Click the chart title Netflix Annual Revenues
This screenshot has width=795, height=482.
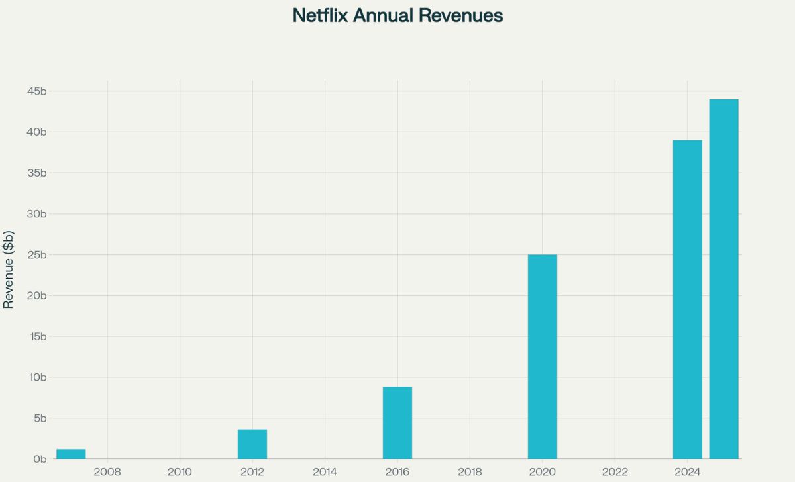(x=397, y=15)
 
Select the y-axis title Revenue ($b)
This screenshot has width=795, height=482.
(x=9, y=270)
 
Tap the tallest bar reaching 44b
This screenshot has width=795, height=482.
(x=723, y=278)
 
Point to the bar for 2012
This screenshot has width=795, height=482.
(x=252, y=444)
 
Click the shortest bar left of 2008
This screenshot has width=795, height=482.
(x=71, y=454)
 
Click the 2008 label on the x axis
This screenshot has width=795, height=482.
(x=107, y=473)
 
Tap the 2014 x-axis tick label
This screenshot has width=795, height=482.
(x=325, y=473)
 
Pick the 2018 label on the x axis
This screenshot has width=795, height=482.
(x=470, y=473)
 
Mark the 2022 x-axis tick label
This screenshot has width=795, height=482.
(x=615, y=473)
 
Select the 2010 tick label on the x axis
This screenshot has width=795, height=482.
(x=180, y=473)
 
